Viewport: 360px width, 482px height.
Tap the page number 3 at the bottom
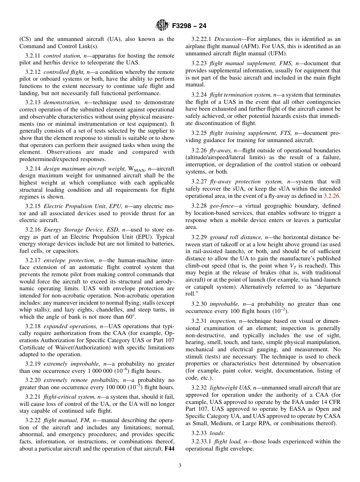180,465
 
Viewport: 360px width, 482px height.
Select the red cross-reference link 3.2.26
332,196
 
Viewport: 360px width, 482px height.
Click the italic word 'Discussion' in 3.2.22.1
228,39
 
